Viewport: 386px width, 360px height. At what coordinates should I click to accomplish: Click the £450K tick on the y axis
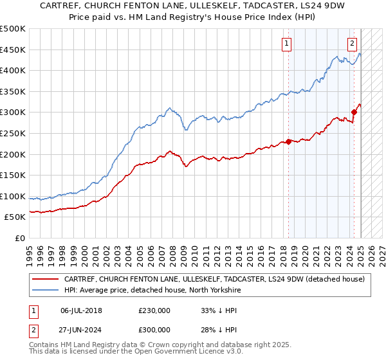tap(12, 50)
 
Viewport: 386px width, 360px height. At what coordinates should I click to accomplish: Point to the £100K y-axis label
tap(12, 196)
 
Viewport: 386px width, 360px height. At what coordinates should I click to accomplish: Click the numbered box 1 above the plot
tap(286, 44)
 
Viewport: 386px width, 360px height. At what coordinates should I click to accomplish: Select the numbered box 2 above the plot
tap(353, 44)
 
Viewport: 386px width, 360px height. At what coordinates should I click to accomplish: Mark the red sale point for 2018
tap(288, 141)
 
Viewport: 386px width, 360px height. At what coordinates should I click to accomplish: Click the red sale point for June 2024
tap(354, 112)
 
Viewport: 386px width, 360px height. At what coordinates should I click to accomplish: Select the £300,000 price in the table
tap(154, 328)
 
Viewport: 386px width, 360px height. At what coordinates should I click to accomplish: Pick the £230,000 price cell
tap(154, 309)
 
